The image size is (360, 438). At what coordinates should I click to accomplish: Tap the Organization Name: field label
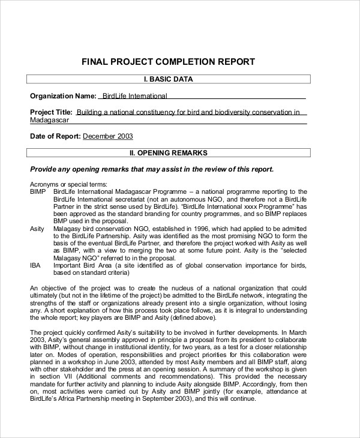click(62, 95)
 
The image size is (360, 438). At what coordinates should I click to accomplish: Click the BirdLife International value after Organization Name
click(134, 95)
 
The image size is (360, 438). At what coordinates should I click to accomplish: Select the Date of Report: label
click(55, 136)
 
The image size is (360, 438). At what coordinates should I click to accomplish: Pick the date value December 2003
click(107, 136)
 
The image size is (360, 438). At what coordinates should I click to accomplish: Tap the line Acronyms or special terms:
click(68, 184)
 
